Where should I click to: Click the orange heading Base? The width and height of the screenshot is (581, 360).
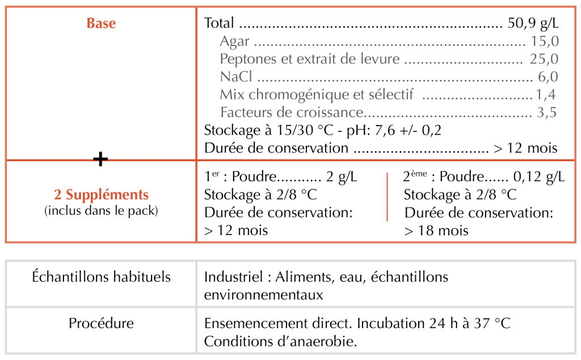pyautogui.click(x=101, y=23)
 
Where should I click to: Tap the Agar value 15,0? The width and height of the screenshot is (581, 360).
pyautogui.click(x=545, y=41)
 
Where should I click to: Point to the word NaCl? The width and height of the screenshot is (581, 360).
pyautogui.click(x=236, y=77)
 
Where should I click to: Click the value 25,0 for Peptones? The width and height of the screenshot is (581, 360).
pyautogui.click(x=544, y=59)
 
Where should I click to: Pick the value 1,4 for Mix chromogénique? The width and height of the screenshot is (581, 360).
pyautogui.click(x=546, y=94)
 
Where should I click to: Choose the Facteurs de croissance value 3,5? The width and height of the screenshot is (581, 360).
pyautogui.click(x=546, y=112)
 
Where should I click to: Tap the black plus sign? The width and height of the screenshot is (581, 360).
pyautogui.click(x=100, y=160)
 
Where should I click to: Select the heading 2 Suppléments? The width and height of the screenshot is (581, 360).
pyautogui.click(x=101, y=195)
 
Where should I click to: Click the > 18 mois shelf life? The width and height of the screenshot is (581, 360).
pyautogui.click(x=436, y=231)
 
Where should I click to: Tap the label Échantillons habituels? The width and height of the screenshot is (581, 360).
pyautogui.click(x=102, y=277)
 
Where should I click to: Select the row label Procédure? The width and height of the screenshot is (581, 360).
pyautogui.click(x=102, y=324)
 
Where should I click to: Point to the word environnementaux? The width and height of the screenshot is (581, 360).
pyautogui.click(x=263, y=295)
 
